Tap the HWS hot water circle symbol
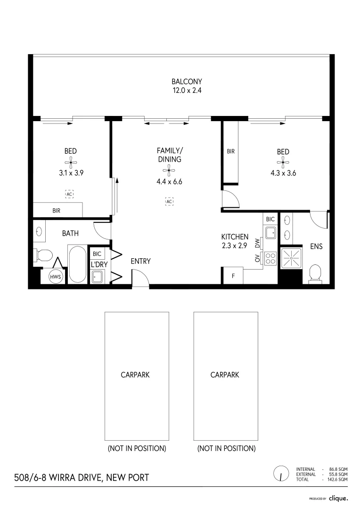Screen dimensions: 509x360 point(56,277)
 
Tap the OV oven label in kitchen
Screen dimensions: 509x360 point(257,258)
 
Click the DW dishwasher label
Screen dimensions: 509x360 point(257,243)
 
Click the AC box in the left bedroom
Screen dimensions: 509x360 point(69,194)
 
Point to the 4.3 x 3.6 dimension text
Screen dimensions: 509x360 point(283,173)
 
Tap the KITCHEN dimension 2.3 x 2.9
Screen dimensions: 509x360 point(235,245)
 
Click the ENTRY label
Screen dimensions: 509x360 point(140,261)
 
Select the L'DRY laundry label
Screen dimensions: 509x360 point(99,265)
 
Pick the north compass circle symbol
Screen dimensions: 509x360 point(281,474)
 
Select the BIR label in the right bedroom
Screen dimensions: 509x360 point(230,152)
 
